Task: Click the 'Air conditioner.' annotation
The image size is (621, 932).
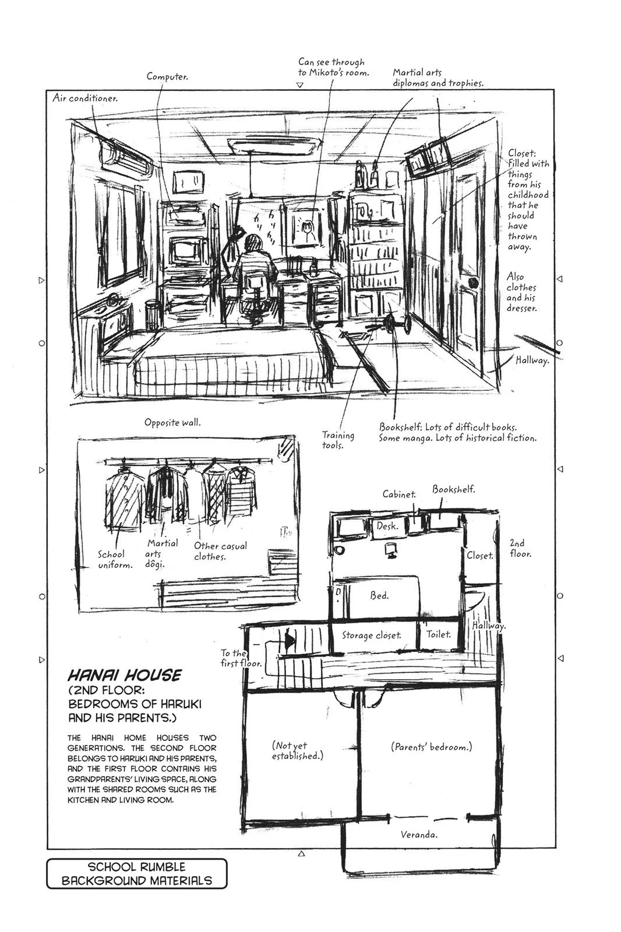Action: coord(86,98)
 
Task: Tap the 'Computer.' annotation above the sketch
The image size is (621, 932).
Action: coord(167,76)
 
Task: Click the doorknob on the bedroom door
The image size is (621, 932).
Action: coord(473,283)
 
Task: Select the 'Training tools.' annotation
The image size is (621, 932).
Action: coord(338,440)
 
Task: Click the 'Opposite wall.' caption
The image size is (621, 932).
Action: coord(172,422)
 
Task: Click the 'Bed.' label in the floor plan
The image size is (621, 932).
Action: coord(379,595)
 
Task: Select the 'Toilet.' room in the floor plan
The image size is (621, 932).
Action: coord(438,634)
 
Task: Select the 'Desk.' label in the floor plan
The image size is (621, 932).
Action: coord(387,526)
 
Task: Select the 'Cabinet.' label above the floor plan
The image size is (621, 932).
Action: coord(399,494)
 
